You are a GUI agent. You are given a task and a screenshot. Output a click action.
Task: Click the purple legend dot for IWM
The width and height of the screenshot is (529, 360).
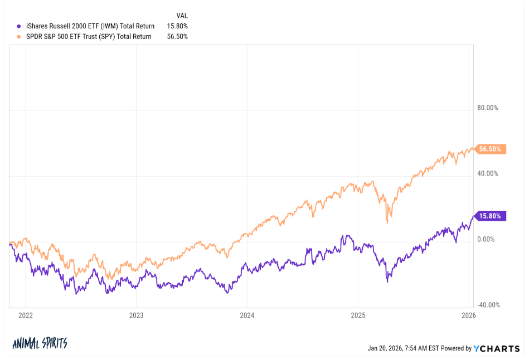point(20,26)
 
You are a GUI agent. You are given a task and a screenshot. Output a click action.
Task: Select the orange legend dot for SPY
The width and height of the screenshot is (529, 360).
point(20,37)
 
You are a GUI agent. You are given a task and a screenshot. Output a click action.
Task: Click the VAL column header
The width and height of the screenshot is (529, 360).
point(182,16)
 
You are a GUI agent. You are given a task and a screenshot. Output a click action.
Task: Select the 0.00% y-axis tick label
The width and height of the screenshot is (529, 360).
point(488,240)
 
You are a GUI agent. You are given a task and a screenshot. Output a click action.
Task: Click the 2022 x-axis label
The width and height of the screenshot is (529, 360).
point(26,315)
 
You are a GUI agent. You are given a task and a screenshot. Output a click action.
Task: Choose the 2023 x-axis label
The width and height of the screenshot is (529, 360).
point(136,315)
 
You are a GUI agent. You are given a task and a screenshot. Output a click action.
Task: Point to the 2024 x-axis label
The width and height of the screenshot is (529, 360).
point(247,315)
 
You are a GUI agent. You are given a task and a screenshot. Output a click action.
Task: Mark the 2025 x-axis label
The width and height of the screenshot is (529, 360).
point(358,315)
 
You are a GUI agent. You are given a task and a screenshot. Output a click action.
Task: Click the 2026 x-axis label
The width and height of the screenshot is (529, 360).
point(469,315)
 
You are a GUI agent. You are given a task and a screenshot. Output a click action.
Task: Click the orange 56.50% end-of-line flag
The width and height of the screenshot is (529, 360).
point(491,149)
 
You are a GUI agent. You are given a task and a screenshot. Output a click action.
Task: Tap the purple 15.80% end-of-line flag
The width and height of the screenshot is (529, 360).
point(491,216)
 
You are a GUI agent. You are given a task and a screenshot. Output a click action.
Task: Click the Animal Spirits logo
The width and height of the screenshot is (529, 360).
point(40,343)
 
